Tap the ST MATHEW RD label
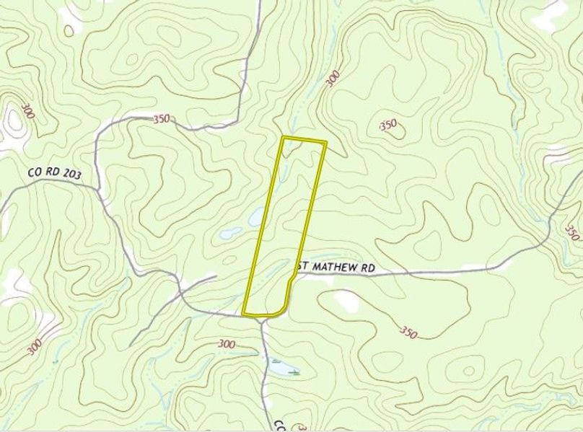(337, 267)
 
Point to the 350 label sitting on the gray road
(162, 119)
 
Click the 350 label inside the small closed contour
(388, 125)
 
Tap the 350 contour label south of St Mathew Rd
(408, 332)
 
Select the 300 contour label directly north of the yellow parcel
(332, 79)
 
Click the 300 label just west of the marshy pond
(226, 345)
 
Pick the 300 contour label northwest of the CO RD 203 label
(28, 111)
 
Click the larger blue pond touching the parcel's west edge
(255, 216)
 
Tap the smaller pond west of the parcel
(231, 233)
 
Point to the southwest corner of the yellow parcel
(244, 314)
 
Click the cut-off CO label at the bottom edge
(278, 424)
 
